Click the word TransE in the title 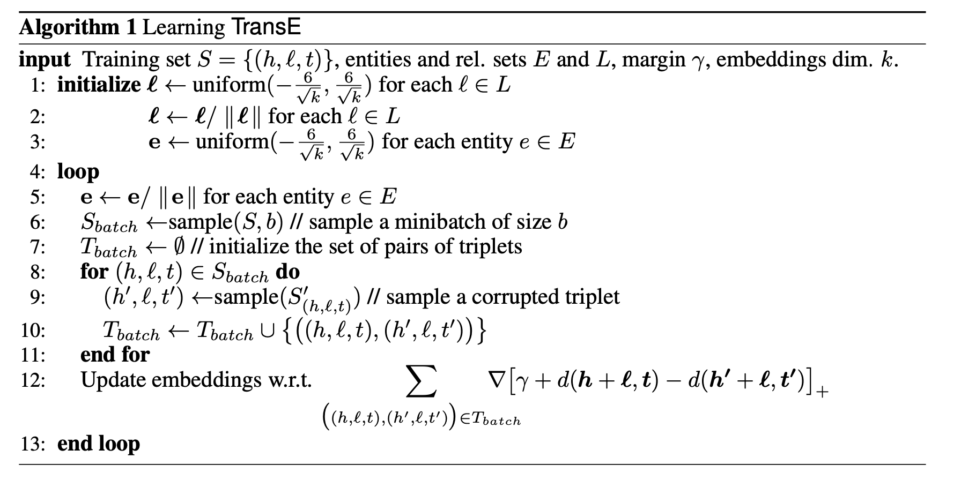coord(266,27)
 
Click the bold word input coord(45,59)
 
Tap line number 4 coord(38,172)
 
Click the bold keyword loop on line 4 coord(78,172)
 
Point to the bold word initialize coord(99,85)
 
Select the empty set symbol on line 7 coord(179,246)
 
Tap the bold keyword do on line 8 coord(287,272)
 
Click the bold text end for coord(115,355)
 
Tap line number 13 coord(33,444)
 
